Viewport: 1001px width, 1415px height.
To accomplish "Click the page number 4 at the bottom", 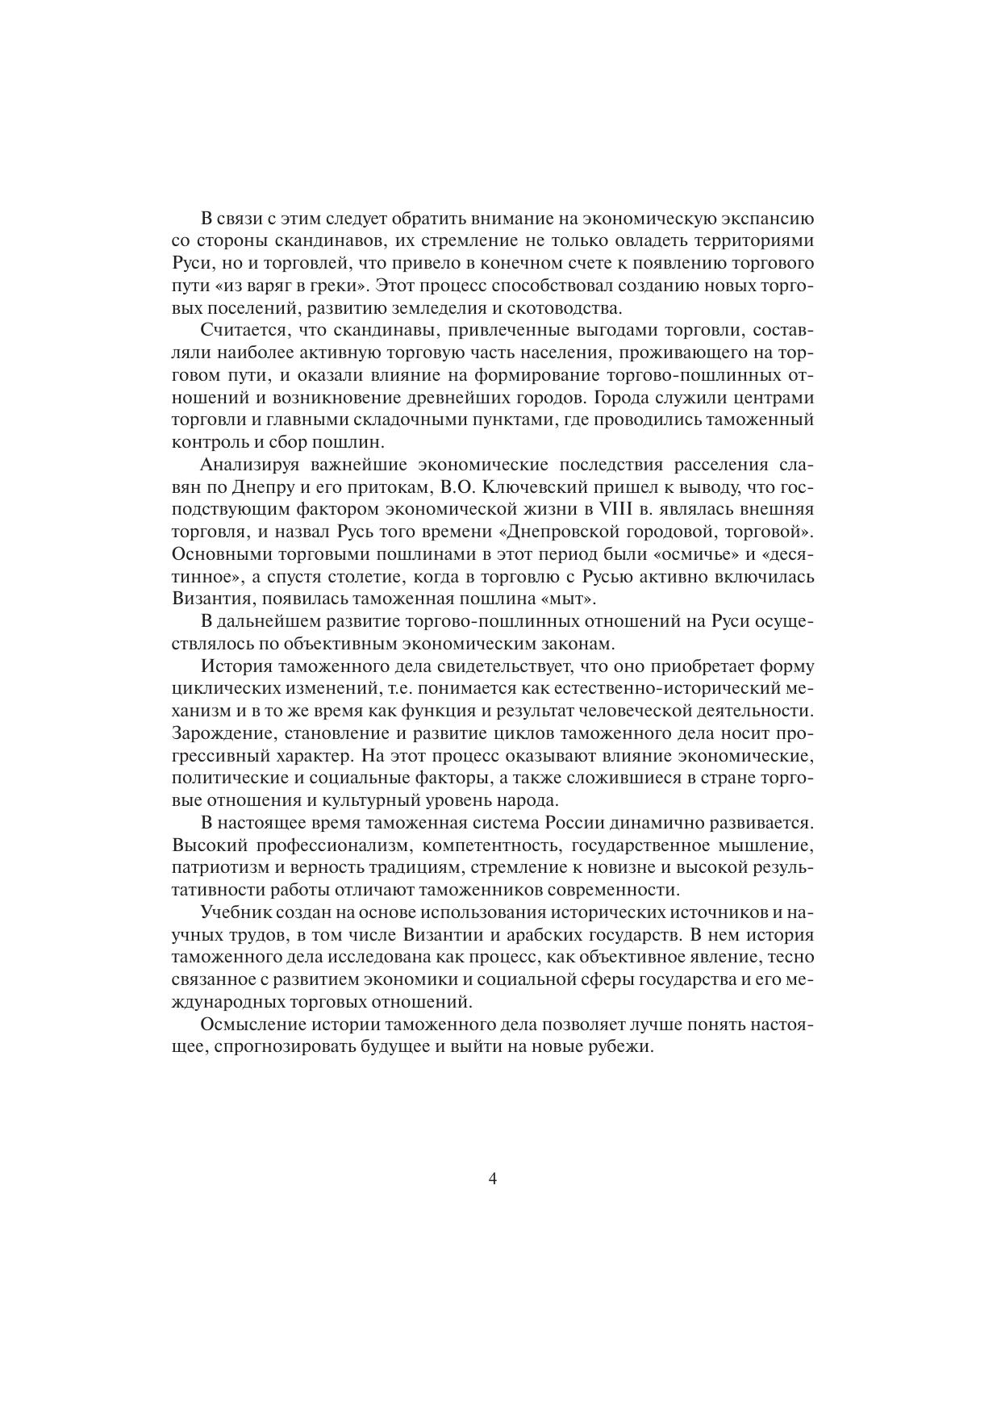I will [492, 1179].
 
